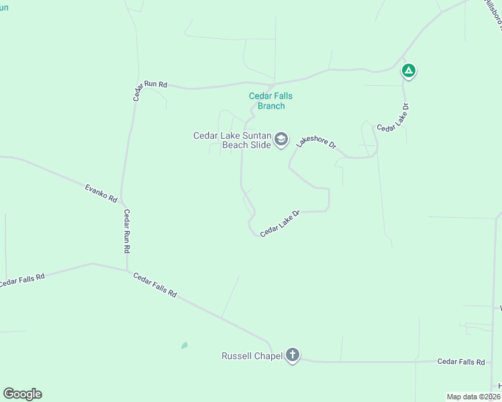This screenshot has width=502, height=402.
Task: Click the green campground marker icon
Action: (408, 70)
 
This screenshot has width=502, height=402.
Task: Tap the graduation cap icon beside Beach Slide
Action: (281, 139)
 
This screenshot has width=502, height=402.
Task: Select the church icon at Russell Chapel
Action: (292, 355)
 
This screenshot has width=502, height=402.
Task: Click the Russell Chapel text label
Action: (252, 356)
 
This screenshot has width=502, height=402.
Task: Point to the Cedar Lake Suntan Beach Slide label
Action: (232, 140)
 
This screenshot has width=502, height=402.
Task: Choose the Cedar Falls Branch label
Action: (271, 101)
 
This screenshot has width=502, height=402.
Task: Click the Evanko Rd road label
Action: (101, 193)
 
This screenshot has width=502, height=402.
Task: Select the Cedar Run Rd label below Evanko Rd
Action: (126, 230)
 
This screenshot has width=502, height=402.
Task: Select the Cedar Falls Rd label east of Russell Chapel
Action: (460, 362)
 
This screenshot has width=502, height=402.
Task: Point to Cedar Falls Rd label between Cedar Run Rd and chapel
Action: (154, 285)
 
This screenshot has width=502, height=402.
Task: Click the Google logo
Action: (22, 394)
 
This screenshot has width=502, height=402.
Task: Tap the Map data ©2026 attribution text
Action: (473, 396)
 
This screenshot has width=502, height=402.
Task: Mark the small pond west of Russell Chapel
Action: (184, 345)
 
